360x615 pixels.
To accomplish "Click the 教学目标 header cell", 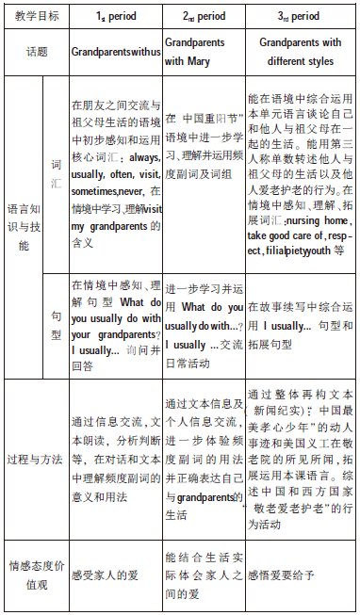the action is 35,16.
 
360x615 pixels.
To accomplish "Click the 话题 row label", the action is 35,53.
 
